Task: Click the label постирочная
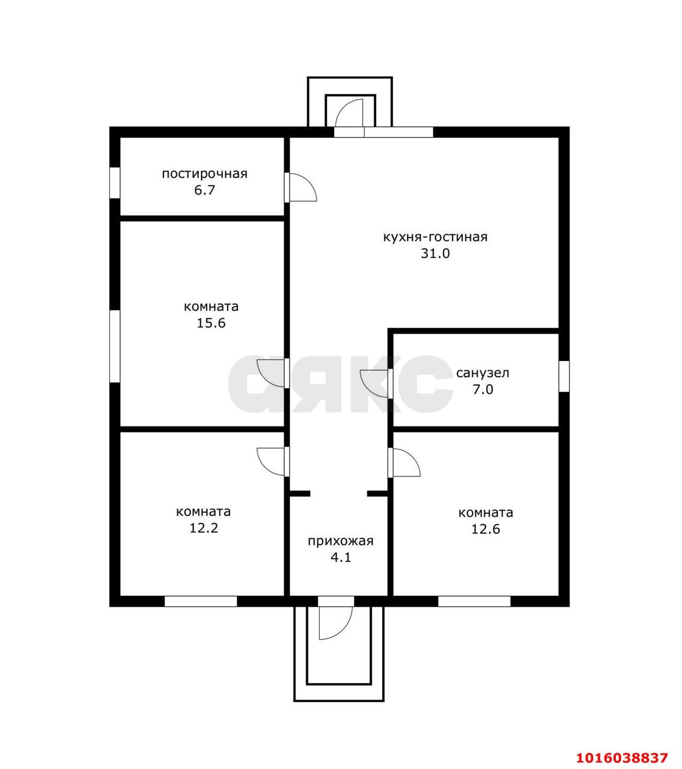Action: click(204, 174)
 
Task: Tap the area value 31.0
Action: click(435, 253)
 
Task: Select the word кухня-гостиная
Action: click(435, 237)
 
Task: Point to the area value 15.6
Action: click(211, 323)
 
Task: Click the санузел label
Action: click(483, 373)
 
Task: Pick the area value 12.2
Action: click(204, 528)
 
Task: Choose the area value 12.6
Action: click(486, 529)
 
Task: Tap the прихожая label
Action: click(340, 541)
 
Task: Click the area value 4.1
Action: click(341, 557)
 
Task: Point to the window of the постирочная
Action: click(115, 183)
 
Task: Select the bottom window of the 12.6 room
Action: click(474, 601)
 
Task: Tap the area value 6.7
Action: click(204, 190)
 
